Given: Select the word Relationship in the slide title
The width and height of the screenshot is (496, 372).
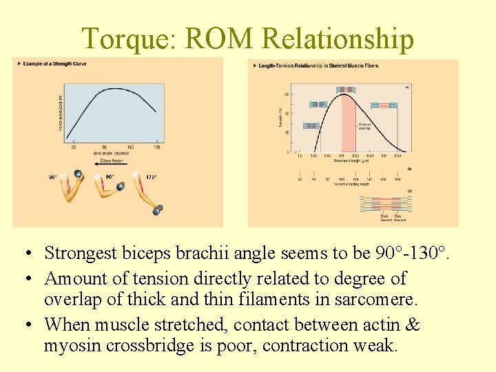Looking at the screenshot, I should (x=338, y=39).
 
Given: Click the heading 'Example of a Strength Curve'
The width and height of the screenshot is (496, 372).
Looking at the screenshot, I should (x=54, y=64).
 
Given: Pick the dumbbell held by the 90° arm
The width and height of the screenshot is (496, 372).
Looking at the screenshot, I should (x=121, y=186).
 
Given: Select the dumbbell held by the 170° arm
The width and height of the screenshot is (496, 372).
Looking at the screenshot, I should (x=158, y=209).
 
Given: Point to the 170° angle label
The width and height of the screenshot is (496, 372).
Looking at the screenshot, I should (x=150, y=177).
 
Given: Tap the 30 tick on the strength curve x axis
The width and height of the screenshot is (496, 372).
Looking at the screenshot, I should (x=74, y=147).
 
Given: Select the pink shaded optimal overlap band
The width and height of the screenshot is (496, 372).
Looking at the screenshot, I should (x=349, y=124).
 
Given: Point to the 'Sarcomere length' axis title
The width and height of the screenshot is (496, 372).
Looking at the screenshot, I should (x=350, y=160).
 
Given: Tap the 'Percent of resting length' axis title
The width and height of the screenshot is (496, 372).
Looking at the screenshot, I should (x=350, y=184).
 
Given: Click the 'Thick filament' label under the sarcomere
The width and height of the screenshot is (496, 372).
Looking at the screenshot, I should (x=384, y=218).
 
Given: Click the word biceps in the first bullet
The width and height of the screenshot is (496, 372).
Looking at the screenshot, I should (x=131, y=253).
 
